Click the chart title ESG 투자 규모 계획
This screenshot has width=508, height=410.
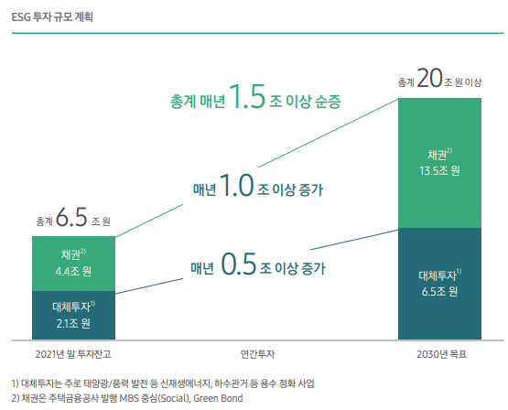pyautogui.click(x=52, y=16)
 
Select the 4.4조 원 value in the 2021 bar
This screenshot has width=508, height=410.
pyautogui.click(x=74, y=271)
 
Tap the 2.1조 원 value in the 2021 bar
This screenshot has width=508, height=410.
pyautogui.click(x=73, y=323)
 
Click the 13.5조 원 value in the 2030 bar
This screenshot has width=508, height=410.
pyautogui.click(x=440, y=170)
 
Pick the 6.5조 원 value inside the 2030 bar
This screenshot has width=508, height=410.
pyautogui.click(x=440, y=291)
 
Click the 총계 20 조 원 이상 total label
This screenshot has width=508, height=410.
pyautogui.click(x=440, y=81)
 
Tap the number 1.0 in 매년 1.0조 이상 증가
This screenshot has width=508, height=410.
pyautogui.click(x=236, y=188)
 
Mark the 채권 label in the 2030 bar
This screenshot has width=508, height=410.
pyautogui.click(x=438, y=153)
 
